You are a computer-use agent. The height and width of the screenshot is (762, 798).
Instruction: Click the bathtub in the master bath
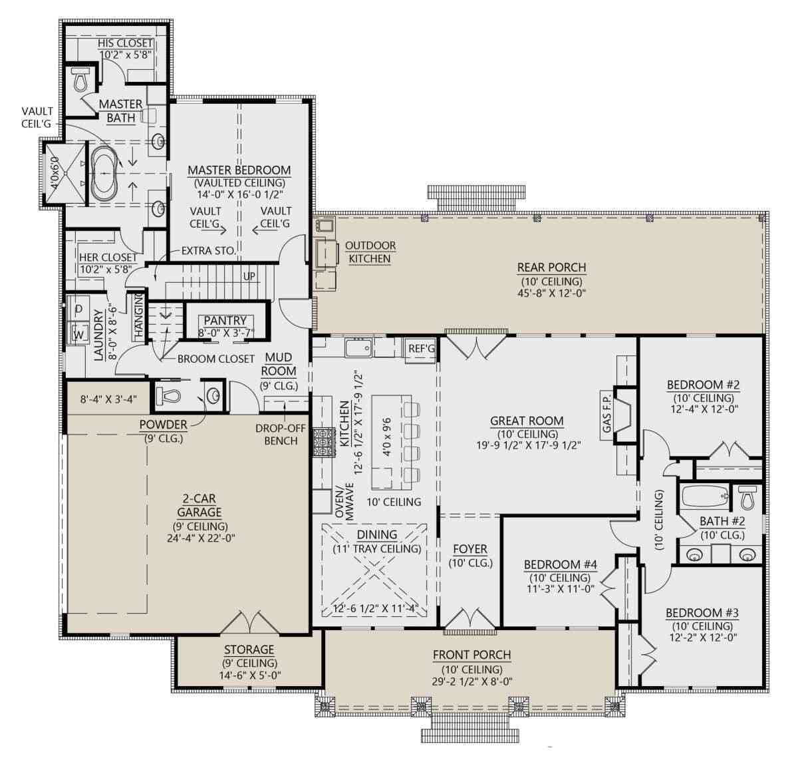tap(104, 174)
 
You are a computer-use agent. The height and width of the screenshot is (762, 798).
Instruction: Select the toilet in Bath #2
tap(748, 496)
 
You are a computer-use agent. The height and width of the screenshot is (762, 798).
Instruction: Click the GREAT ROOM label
tap(527, 421)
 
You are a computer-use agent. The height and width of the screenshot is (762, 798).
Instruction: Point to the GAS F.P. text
tap(606, 411)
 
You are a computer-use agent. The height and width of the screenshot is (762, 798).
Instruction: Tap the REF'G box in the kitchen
tap(420, 348)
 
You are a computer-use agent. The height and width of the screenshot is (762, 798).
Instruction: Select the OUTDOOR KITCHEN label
tap(370, 252)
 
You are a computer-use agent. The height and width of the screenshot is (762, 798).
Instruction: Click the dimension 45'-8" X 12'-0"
tap(552, 292)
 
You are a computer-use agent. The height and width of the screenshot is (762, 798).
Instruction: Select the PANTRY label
tap(225, 321)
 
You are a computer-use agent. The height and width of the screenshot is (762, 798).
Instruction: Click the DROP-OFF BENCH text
tap(280, 435)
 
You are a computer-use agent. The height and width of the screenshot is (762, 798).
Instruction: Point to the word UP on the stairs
tap(249, 276)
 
